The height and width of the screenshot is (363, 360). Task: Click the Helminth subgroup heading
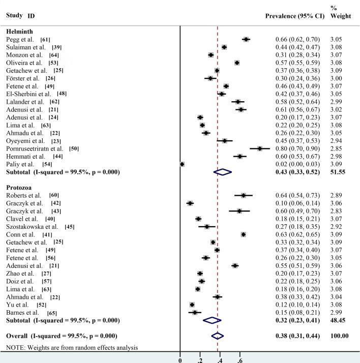[x=19, y=32]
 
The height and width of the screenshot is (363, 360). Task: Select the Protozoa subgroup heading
[x=20, y=188]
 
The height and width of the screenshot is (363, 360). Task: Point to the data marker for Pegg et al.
[x=246, y=39]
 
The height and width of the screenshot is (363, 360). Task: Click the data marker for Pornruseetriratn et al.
[x=260, y=148]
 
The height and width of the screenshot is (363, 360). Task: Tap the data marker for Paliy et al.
[x=182, y=164]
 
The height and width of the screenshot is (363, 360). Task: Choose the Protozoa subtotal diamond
[x=212, y=320]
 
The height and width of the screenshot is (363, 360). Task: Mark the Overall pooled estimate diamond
[x=218, y=336]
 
